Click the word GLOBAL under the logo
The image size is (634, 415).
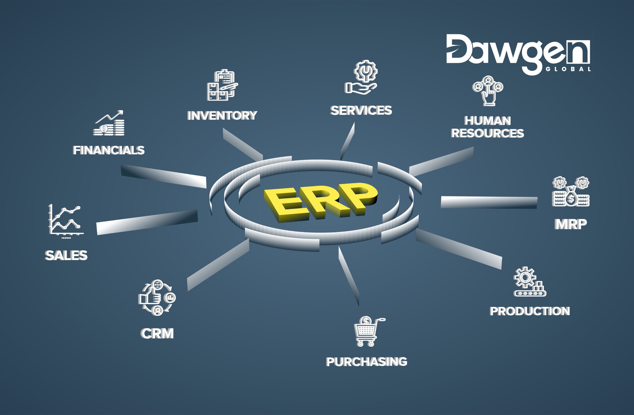568,69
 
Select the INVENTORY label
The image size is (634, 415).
222,116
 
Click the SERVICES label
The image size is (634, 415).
361,110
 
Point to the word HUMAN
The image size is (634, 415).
487,121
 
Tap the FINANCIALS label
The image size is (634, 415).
109,150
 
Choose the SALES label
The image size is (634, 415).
66,255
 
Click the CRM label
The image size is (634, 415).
157,333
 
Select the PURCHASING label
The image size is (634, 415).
367,362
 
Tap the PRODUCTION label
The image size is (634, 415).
529,311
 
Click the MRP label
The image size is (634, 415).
571,224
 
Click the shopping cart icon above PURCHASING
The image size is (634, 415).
368,331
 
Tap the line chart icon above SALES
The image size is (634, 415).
65,221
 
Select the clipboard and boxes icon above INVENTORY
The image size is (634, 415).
222,85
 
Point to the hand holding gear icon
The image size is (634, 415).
361,77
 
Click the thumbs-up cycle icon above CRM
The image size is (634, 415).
157,298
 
